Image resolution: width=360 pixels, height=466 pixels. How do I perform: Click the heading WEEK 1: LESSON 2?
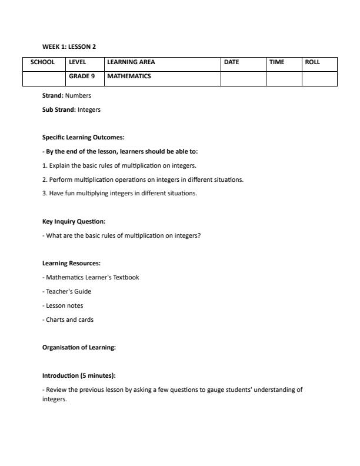tap(69, 46)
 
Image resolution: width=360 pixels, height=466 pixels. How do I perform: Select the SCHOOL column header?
tap(42, 62)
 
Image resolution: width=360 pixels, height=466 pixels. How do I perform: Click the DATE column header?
tap(231, 62)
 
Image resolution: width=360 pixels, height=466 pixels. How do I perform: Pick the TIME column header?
tap(276, 62)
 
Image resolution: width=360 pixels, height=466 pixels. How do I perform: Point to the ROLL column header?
tap(312, 62)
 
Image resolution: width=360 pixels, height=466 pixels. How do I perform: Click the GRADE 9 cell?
tap(82, 76)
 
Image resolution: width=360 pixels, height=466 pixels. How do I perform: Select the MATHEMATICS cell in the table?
tap(129, 76)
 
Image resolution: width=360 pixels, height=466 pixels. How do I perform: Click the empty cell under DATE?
tap(243, 78)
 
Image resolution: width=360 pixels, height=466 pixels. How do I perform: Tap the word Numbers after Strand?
tap(78, 95)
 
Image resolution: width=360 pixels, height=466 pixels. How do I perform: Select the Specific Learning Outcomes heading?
tap(83, 138)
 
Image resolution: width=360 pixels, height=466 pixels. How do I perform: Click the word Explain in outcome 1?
tap(59, 165)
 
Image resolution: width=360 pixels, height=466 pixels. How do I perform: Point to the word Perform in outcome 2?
tap(60, 179)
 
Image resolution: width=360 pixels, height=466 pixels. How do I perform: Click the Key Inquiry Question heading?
tap(74, 222)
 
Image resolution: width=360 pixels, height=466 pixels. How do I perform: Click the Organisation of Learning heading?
tap(79, 348)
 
